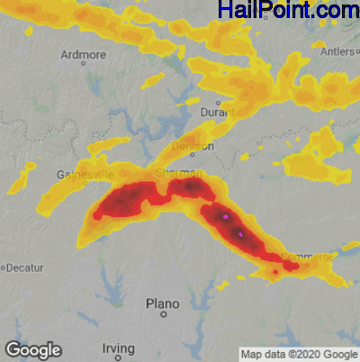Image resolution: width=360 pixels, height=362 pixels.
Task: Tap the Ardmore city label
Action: (x=83, y=54)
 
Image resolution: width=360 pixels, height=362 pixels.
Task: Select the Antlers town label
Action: (x=337, y=51)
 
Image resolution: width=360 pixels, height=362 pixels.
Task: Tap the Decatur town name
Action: (x=28, y=267)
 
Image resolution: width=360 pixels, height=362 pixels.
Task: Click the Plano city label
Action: (x=163, y=303)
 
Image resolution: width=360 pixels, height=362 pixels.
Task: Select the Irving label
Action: (x=118, y=348)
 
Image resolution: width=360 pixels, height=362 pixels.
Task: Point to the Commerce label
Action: (x=309, y=257)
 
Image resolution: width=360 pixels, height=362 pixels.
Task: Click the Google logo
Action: (x=32, y=349)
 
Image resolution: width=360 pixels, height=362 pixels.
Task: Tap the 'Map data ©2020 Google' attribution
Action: (x=298, y=354)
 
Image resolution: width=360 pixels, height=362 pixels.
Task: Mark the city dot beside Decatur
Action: (x=4, y=267)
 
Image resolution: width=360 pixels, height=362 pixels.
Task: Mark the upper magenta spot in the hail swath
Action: (x=224, y=217)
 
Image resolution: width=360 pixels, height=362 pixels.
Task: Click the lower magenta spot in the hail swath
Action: (x=240, y=234)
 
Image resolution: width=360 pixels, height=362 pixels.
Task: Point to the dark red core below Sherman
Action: (x=191, y=186)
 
